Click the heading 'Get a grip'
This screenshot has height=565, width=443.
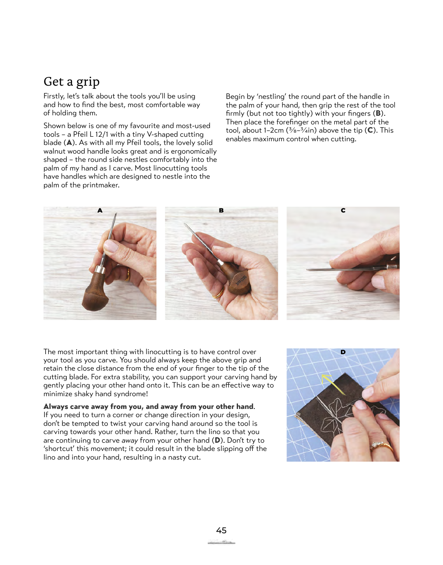(x=72, y=82)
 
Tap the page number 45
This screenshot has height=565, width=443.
(x=221, y=530)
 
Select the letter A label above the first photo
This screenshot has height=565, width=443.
(x=100, y=210)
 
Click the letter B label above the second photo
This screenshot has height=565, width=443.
(x=221, y=210)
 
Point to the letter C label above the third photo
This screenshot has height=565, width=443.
(x=343, y=210)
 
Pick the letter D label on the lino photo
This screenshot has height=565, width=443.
(x=343, y=352)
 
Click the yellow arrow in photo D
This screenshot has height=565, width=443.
(x=333, y=384)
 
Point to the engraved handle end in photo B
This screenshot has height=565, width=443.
(x=240, y=282)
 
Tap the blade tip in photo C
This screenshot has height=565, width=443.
(x=308, y=270)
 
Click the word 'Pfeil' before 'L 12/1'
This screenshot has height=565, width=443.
(x=80, y=134)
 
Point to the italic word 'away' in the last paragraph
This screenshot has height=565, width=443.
(x=130, y=441)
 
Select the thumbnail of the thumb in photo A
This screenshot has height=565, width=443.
(x=110, y=246)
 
